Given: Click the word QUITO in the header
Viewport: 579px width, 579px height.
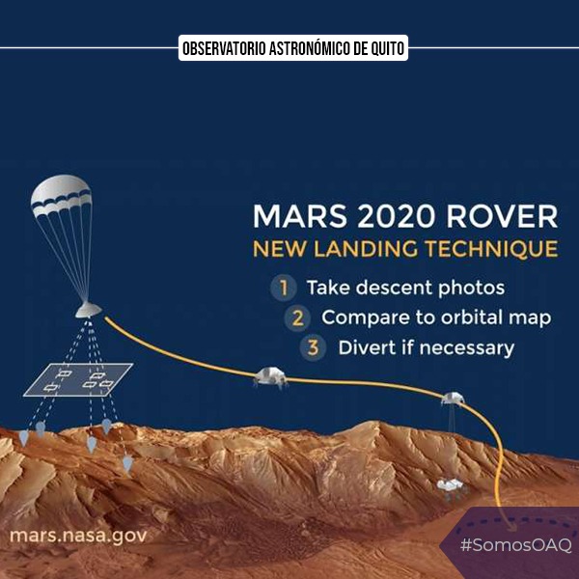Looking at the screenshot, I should pyautogui.click(x=381, y=47).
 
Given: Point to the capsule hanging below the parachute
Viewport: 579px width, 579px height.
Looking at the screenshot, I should pyautogui.click(x=88, y=310).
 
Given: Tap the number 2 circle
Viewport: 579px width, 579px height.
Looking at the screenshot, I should pyautogui.click(x=299, y=317).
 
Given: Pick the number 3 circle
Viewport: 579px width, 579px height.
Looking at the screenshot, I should pyautogui.click(x=315, y=347).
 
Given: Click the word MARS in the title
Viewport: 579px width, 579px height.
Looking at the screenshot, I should pyautogui.click(x=289, y=215).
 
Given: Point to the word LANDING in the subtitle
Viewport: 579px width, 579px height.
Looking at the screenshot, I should pyautogui.click(x=363, y=250).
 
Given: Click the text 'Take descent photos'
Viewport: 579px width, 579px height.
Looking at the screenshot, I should pyautogui.click(x=405, y=288).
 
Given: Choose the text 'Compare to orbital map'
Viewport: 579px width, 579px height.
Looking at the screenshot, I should pyautogui.click(x=435, y=317).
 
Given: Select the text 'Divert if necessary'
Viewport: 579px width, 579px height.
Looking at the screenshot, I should pyautogui.click(x=426, y=347).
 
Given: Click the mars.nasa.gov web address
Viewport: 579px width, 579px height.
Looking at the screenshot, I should pyautogui.click(x=77, y=534).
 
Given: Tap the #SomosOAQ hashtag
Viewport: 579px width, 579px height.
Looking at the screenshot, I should pyautogui.click(x=515, y=545).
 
